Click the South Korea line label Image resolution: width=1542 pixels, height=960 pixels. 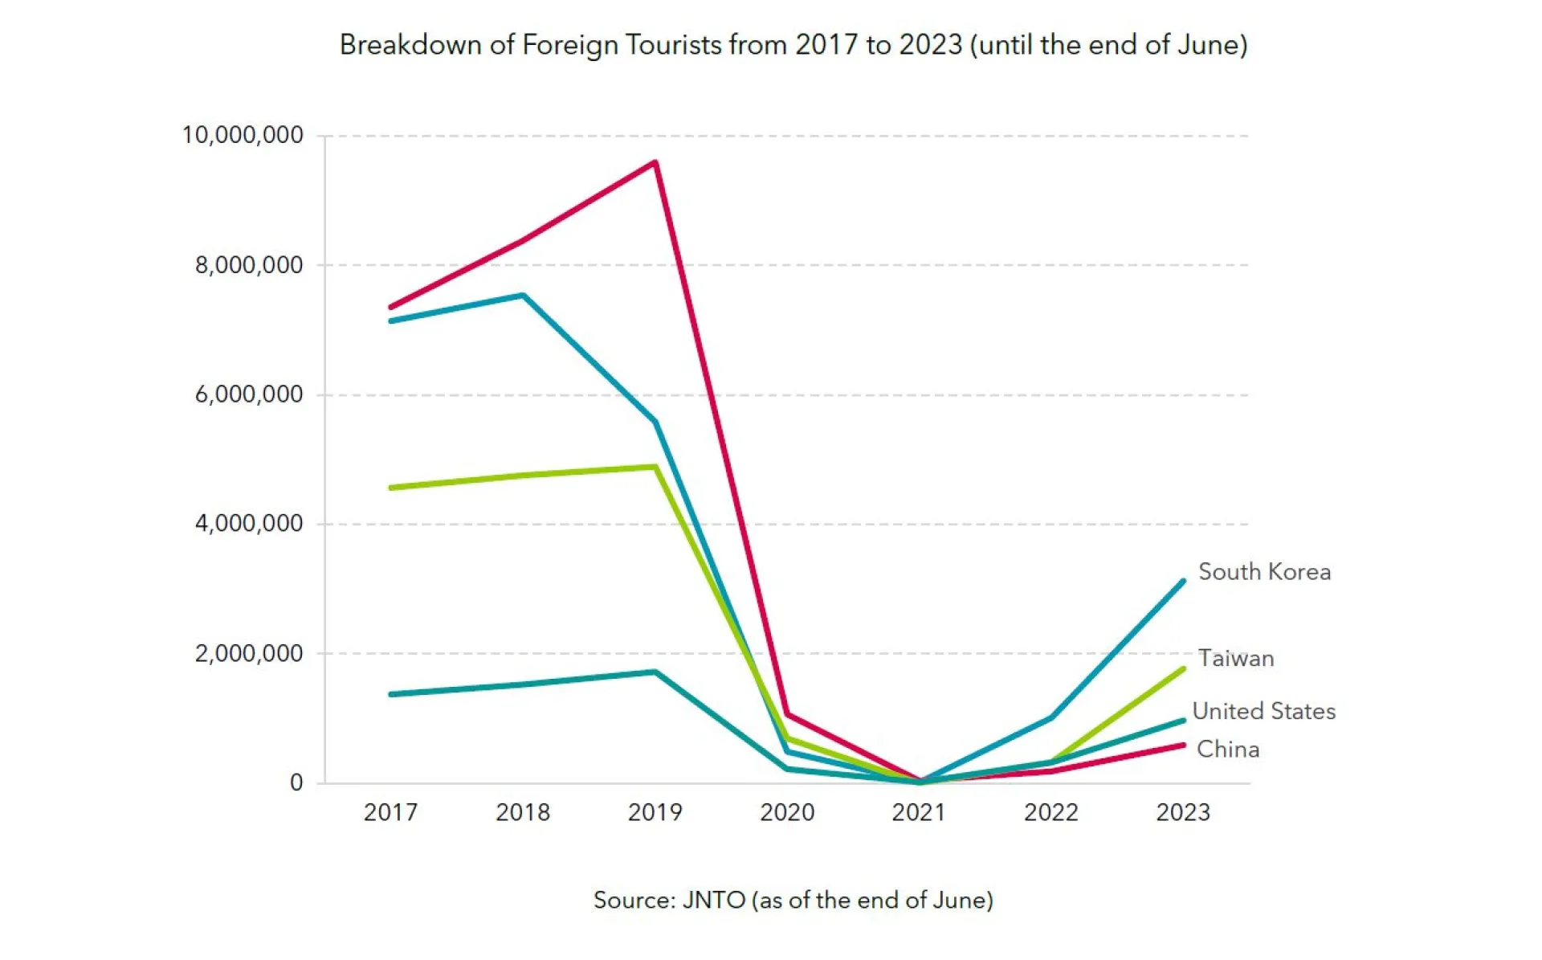(x=1264, y=572)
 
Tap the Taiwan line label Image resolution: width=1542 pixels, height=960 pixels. (x=1235, y=659)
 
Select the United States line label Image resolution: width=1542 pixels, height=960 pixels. (x=1263, y=711)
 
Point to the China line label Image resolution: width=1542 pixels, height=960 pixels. (x=1227, y=750)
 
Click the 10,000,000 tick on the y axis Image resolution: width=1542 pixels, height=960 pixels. (x=243, y=135)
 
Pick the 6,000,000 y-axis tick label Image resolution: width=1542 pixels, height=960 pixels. (x=249, y=394)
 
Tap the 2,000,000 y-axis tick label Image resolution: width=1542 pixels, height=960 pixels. (x=249, y=653)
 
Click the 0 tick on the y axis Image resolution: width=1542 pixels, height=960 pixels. (x=296, y=782)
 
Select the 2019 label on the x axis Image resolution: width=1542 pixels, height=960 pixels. (x=655, y=812)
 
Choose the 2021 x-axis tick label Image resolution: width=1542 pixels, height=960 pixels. (x=919, y=812)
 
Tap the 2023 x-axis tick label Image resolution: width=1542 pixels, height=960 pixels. (x=1182, y=812)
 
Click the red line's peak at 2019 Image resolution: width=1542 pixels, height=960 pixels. (x=655, y=163)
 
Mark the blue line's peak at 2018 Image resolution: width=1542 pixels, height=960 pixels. (x=523, y=296)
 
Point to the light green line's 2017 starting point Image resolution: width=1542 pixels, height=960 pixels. (x=391, y=488)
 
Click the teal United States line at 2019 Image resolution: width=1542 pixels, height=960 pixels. (x=655, y=672)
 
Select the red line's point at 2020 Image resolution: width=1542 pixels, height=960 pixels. (x=788, y=714)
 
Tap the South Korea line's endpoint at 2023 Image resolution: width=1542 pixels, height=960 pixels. (x=1182, y=582)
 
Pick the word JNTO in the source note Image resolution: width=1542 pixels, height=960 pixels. (x=714, y=900)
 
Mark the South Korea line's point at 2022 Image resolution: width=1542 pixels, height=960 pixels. (x=1051, y=717)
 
